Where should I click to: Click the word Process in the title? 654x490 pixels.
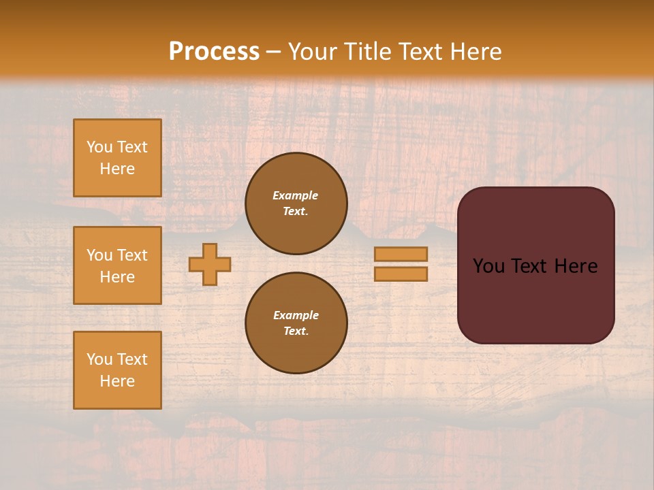(x=214, y=52)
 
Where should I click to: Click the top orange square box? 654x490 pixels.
(x=117, y=158)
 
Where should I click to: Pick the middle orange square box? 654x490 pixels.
(x=117, y=265)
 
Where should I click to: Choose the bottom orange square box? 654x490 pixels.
(x=117, y=370)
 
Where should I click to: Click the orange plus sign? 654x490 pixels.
(x=210, y=264)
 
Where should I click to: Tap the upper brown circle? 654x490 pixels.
(x=296, y=203)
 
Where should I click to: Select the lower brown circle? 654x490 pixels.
(x=296, y=323)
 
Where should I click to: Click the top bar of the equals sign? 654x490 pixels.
(x=401, y=254)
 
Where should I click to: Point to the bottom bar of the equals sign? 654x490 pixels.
(x=401, y=274)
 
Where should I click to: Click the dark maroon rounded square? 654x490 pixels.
(x=535, y=265)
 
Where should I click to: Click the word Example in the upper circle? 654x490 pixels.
(x=296, y=196)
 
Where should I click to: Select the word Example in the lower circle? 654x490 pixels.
(x=296, y=316)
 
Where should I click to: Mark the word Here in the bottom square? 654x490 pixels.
(x=117, y=381)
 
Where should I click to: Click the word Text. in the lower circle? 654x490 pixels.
(x=296, y=331)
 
